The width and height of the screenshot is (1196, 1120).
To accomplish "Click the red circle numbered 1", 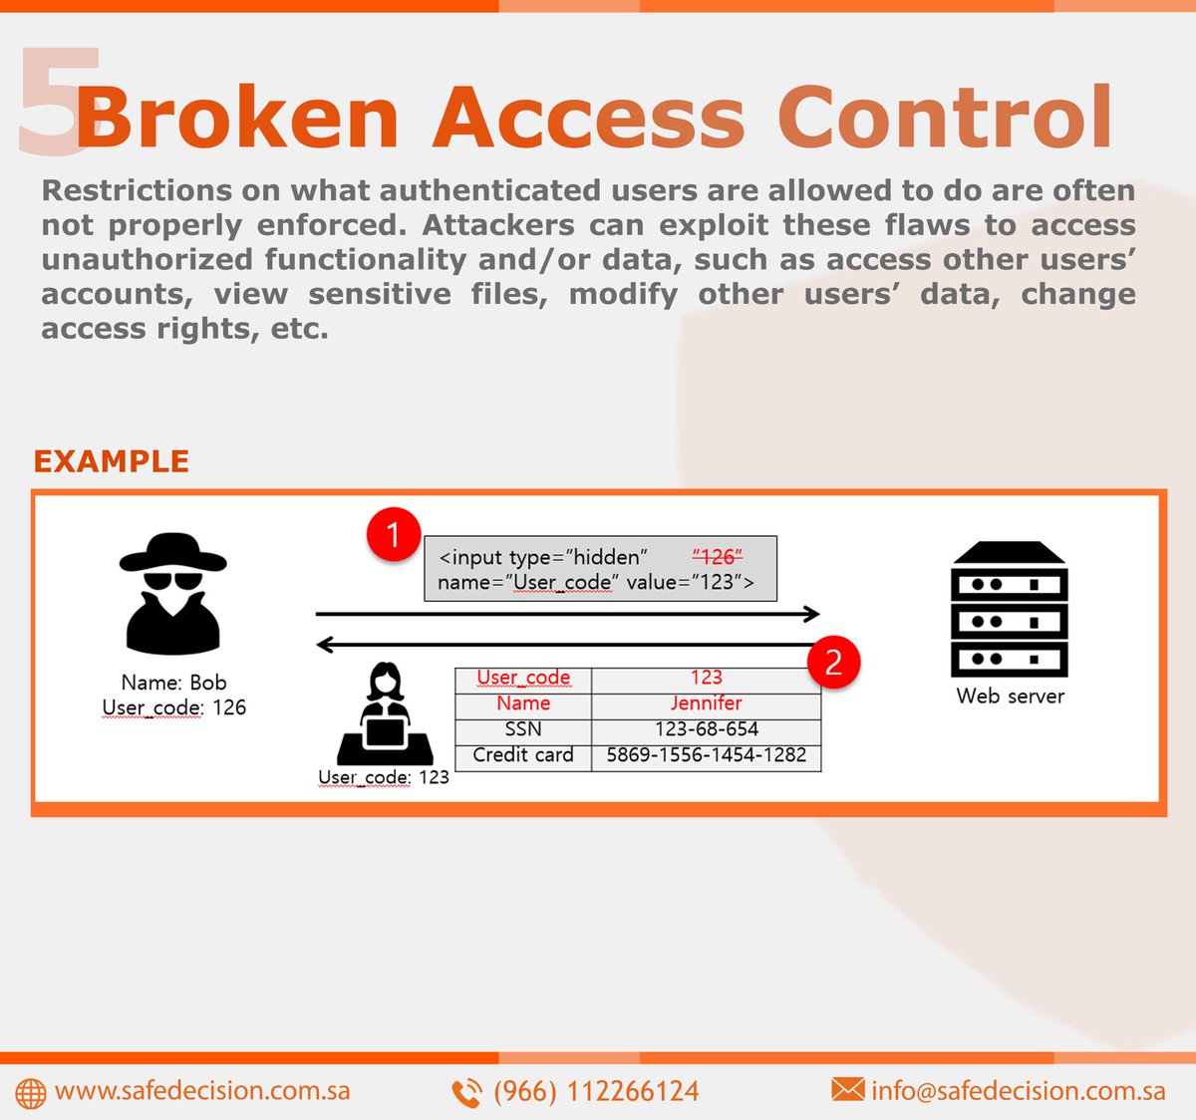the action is tap(394, 535).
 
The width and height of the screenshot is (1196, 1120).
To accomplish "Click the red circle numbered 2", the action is tap(833, 662).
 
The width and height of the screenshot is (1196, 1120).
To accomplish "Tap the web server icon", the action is tap(1010, 610).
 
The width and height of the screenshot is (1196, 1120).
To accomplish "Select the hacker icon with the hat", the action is tap(173, 594).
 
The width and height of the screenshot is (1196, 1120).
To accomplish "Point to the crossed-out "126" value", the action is tap(718, 557).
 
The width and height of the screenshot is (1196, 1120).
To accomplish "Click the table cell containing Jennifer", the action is tap(706, 703).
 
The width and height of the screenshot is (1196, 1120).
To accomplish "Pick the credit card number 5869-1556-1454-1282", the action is tap(706, 755).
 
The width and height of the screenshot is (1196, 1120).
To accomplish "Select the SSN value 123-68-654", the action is tap(706, 729).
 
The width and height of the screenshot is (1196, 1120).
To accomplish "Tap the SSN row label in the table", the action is tap(523, 729).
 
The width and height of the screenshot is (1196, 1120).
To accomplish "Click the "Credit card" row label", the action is tap(523, 755).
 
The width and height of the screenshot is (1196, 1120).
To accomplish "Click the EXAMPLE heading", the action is tap(111, 461).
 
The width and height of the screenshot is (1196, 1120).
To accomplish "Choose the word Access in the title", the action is tap(588, 118).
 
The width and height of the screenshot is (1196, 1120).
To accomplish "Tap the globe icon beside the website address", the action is tap(31, 1093).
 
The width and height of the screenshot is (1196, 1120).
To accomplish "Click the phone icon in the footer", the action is tap(466, 1093).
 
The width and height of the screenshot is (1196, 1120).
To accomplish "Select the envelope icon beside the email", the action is tap(847, 1089).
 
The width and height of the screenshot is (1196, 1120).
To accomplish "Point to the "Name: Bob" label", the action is tap(173, 683).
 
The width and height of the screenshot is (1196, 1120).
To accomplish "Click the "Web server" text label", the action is tap(1010, 697).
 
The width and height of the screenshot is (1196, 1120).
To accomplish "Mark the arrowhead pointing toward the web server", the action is tap(812, 614).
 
